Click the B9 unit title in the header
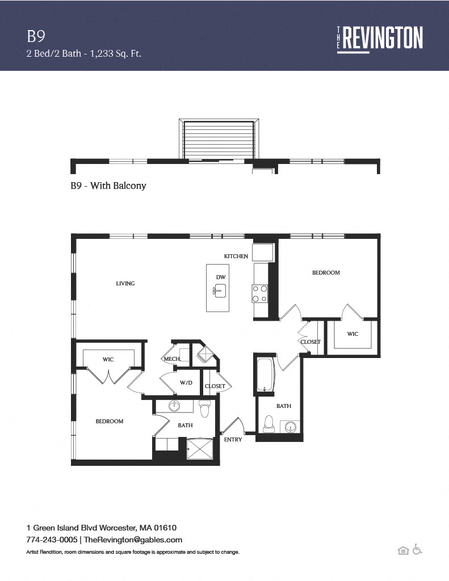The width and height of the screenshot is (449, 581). click(36, 36)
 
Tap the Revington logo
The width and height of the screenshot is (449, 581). click(380, 39)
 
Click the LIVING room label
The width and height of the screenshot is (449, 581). click(125, 284)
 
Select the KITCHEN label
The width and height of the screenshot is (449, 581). click(236, 256)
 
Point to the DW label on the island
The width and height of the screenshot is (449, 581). click(221, 277)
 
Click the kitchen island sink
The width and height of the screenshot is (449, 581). click(220, 290)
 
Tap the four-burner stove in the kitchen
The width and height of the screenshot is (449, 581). click(259, 293)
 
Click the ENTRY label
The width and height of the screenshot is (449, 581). click(233, 440)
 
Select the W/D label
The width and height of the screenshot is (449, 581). click(186, 383)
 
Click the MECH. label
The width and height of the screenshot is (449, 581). click(172, 359)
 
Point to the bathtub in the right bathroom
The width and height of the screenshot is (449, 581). click(266, 374)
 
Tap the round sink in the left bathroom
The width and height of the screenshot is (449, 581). click(174, 406)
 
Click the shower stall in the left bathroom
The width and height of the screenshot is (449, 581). click(200, 449)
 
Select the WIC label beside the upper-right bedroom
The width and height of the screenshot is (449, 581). click(353, 334)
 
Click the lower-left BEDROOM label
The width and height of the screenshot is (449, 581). click(110, 422)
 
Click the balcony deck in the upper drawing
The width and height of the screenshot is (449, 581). click(219, 140)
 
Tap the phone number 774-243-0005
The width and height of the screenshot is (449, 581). click(52, 540)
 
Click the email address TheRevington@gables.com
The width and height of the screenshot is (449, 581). click(133, 540)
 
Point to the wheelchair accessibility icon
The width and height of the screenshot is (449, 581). click(417, 549)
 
